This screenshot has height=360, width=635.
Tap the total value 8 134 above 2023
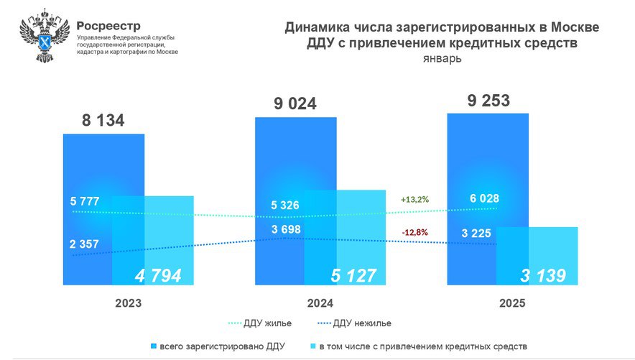click(103, 120)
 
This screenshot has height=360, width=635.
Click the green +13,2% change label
click(415, 199)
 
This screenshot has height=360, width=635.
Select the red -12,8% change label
click(416, 231)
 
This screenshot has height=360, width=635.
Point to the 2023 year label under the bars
click(128, 303)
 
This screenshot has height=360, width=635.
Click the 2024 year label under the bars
click(320, 303)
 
